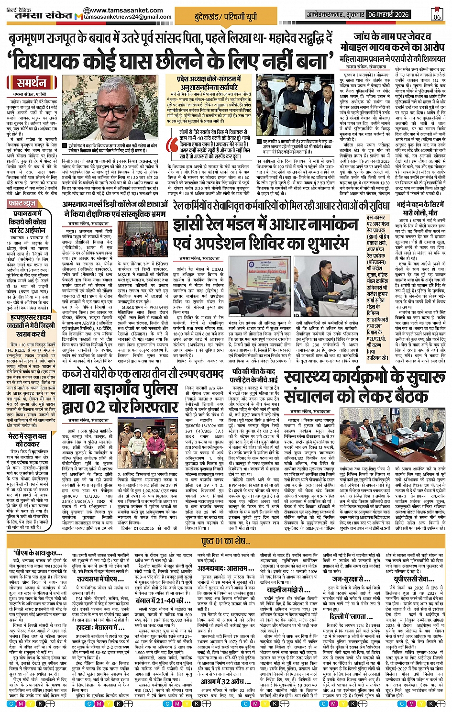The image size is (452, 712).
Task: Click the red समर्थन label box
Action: point(32,83)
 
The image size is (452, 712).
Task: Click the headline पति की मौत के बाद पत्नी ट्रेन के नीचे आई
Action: point(254,375)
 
